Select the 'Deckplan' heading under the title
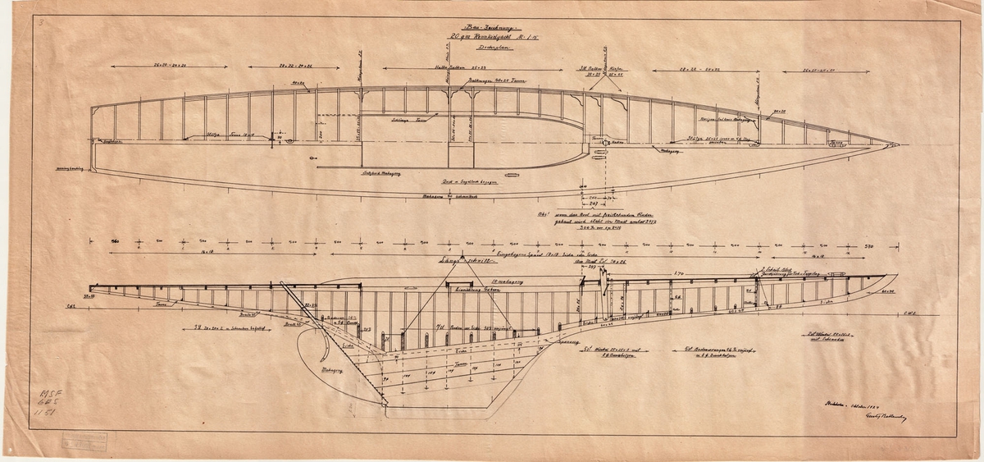[481, 48]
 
